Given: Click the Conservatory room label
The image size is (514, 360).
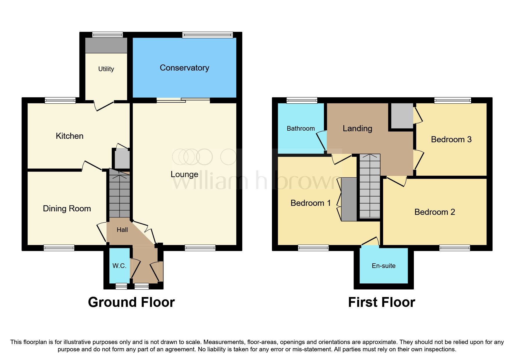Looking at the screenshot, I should point(184,68).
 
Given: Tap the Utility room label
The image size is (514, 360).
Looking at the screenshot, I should point(106,69).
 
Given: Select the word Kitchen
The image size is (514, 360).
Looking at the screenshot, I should point(69,136).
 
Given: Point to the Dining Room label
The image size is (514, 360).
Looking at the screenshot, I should point(67,208).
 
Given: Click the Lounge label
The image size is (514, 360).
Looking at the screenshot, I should point(184,174).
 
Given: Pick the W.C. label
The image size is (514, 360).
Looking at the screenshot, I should point(119,266).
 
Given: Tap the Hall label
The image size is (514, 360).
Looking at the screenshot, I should point(122,230).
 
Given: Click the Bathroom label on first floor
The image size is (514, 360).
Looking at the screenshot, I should point(301,128).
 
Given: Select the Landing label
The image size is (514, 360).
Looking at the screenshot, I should point(357,128).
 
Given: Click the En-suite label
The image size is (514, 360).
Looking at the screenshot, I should point(383,266).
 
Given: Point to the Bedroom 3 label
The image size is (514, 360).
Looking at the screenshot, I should point(451,139).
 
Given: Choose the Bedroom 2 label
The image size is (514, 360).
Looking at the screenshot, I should point(434,212).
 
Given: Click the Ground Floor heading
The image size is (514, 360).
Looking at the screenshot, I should point(131,302).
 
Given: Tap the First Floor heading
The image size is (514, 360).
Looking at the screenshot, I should point(381,302).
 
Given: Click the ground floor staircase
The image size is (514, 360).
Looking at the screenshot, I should point(119,195).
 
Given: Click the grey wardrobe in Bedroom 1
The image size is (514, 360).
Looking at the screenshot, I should point(349,199).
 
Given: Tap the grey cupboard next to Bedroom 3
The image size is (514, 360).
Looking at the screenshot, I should point(402,116).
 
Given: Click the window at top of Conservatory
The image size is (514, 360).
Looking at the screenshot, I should point(208,35).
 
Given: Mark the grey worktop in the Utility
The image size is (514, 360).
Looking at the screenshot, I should point(106,46).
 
